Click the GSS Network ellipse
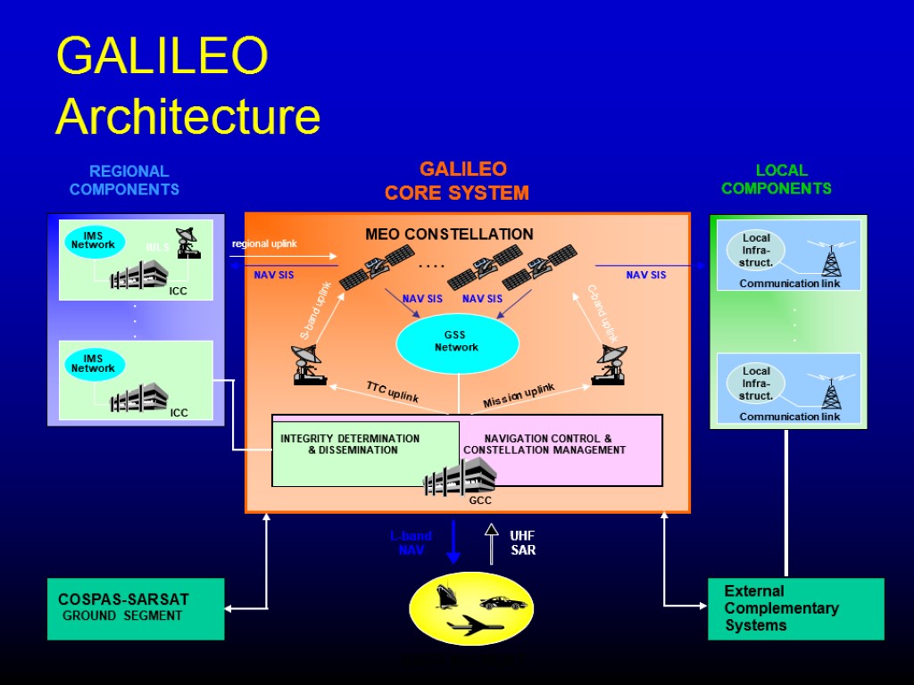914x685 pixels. [457, 343]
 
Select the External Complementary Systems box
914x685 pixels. [795, 608]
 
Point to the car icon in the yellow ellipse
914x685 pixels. [502, 602]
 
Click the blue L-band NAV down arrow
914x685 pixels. [453, 541]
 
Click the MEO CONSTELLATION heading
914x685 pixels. [449, 235]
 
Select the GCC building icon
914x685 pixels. [460, 477]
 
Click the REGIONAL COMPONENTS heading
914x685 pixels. [125, 179]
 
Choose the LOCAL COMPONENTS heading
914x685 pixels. [777, 179]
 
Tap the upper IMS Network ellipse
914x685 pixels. [94, 241]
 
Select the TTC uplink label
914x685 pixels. [392, 391]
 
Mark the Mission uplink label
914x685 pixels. [519, 396]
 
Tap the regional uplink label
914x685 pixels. [264, 244]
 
